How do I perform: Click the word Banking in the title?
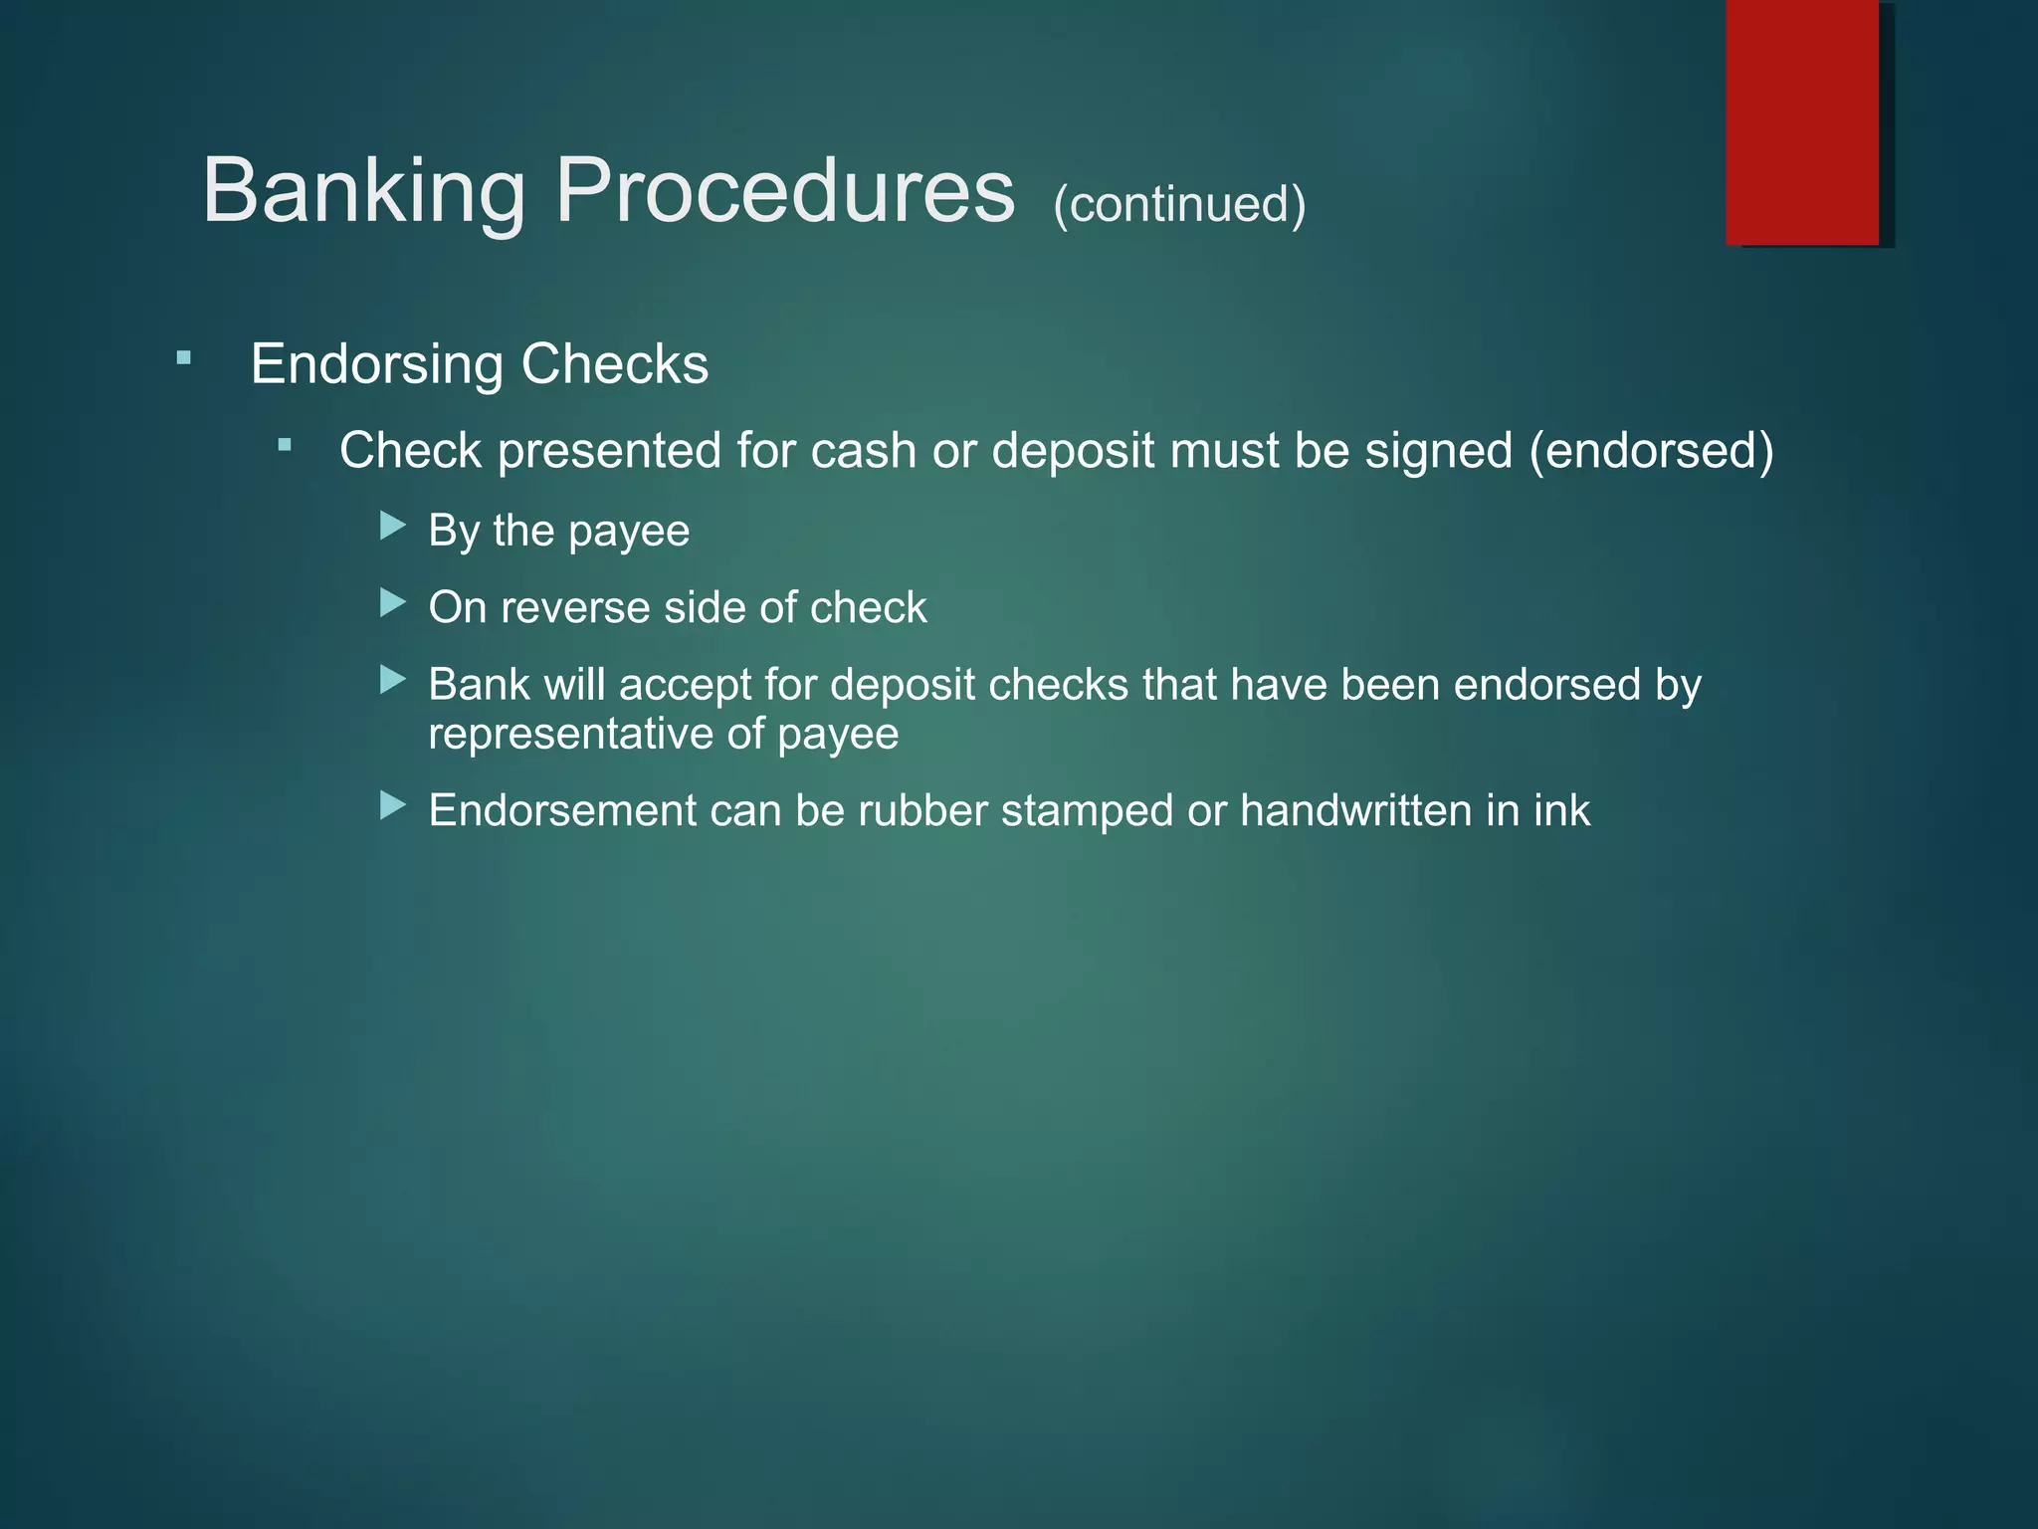pos(363,191)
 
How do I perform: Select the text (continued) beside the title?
pos(1179,204)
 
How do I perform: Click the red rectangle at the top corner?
pos(1802,121)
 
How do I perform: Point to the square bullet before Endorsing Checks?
pos(183,357)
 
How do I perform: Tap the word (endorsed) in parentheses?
pos(1651,451)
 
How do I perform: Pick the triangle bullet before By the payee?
pos(393,525)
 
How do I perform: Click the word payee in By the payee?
pos(629,532)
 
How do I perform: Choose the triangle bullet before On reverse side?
pos(393,602)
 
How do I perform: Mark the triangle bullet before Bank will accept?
pos(393,680)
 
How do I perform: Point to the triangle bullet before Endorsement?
pos(393,805)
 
